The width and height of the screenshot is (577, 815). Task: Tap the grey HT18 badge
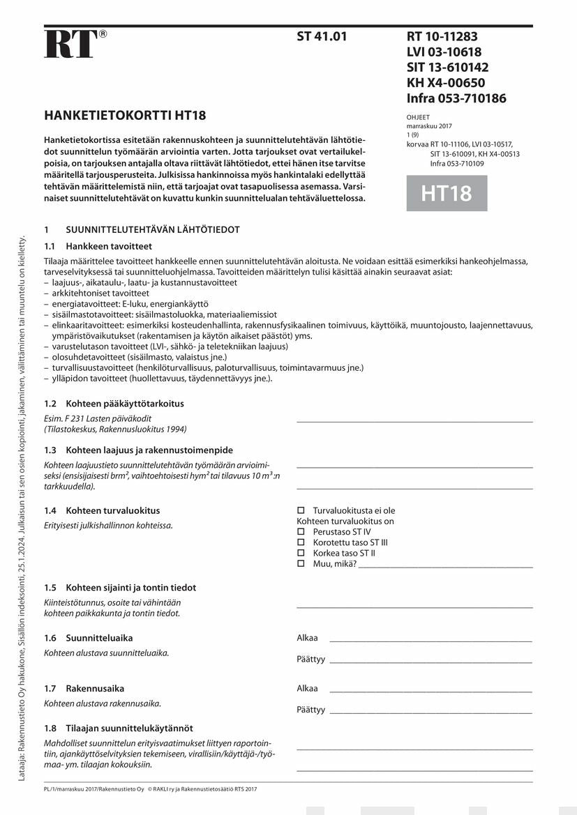(x=447, y=193)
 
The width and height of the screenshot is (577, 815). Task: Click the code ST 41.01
(x=322, y=37)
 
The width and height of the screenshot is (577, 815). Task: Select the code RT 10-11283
(x=442, y=37)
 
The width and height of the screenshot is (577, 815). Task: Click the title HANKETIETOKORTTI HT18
(x=125, y=116)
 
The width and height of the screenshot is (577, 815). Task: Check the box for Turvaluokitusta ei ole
(x=301, y=510)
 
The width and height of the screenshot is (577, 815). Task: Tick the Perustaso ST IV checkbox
(x=301, y=531)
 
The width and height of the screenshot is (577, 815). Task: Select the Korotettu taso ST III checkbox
(x=301, y=542)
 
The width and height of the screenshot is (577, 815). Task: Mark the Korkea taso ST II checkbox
(x=301, y=552)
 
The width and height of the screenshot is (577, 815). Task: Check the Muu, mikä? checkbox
(x=301, y=563)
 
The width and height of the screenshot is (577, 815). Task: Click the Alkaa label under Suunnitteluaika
(x=307, y=638)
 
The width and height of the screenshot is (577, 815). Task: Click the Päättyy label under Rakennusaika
(x=310, y=710)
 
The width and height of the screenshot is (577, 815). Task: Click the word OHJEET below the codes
(x=418, y=118)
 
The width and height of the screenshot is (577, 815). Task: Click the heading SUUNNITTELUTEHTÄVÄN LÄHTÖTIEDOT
(x=153, y=229)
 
